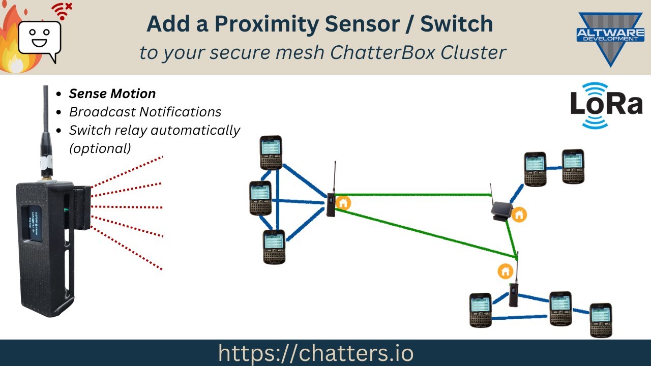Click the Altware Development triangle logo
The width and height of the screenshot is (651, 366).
pos(610,38)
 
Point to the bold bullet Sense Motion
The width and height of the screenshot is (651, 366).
pos(112,94)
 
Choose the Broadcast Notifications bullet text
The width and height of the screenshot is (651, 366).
pos(145,112)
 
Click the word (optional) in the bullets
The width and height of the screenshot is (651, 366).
pos(100,148)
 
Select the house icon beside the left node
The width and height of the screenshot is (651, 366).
pos(344,202)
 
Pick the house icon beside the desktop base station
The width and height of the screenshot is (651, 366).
pos(519,215)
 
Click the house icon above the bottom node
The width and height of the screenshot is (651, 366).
pos(505,271)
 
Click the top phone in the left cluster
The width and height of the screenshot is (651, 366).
pos(271,152)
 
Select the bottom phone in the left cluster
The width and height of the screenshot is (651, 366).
pos(274,247)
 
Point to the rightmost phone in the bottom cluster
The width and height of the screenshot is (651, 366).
pos(601,320)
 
